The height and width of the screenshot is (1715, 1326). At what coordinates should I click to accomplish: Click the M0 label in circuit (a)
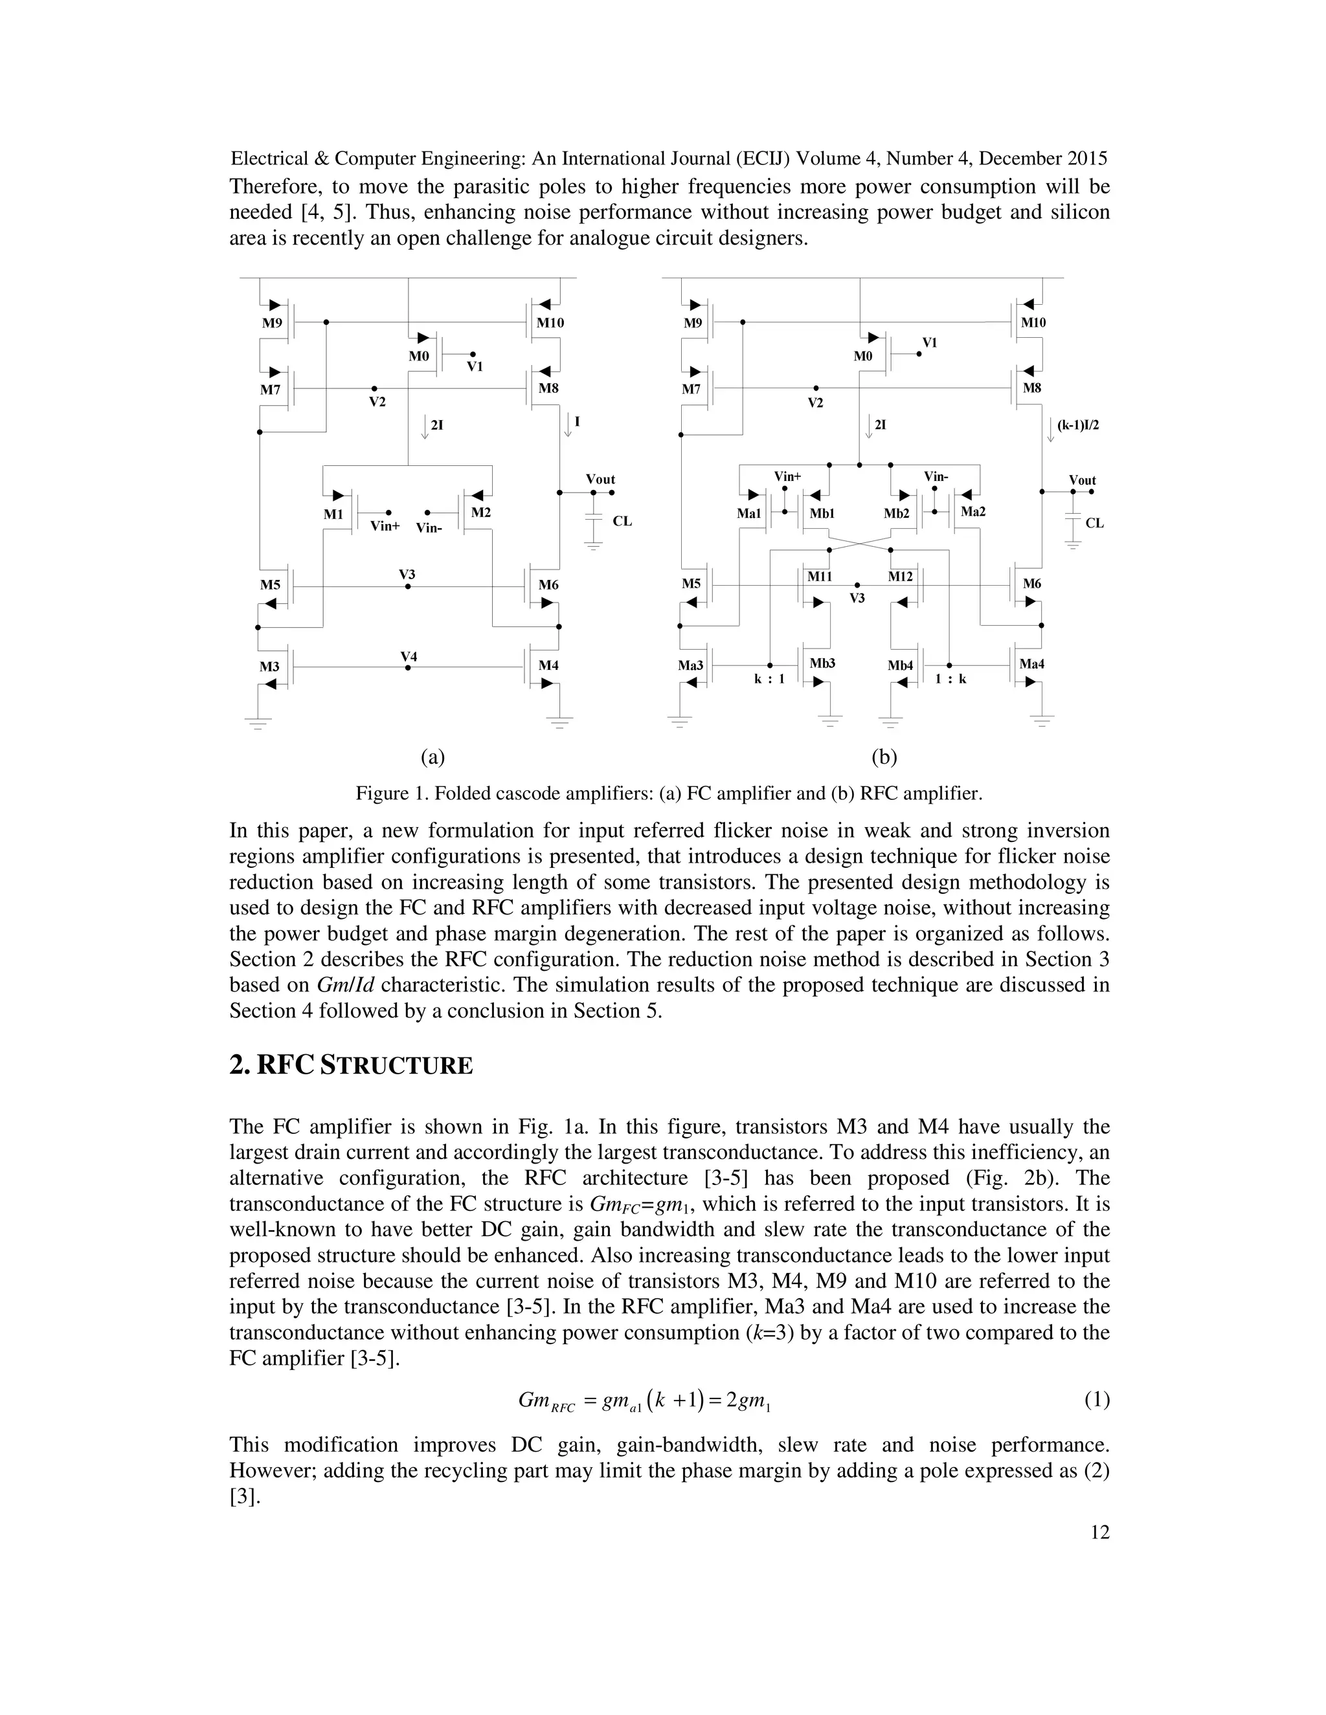pos(419,356)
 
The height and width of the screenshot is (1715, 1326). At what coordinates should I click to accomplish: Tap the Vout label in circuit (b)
pos(1082,480)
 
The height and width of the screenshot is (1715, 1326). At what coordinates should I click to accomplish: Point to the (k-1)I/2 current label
pos(1078,425)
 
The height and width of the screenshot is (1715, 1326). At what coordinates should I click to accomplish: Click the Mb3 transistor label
pos(822,663)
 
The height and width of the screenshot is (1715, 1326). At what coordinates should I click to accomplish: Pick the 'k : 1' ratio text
pos(769,678)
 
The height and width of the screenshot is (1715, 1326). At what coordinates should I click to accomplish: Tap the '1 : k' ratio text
pos(950,678)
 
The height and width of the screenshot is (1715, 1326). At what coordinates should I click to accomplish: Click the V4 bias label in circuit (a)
pos(409,656)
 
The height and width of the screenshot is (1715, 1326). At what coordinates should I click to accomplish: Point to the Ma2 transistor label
pos(972,511)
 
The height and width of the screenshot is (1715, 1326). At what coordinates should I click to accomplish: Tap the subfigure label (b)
pos(884,757)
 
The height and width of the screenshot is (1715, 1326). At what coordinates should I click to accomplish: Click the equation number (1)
pos(1097,1399)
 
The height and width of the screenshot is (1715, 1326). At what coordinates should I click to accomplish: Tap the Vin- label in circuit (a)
pos(429,527)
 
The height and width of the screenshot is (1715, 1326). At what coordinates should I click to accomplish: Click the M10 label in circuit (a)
pos(550,323)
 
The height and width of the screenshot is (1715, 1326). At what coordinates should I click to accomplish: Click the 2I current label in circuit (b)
pos(881,425)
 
